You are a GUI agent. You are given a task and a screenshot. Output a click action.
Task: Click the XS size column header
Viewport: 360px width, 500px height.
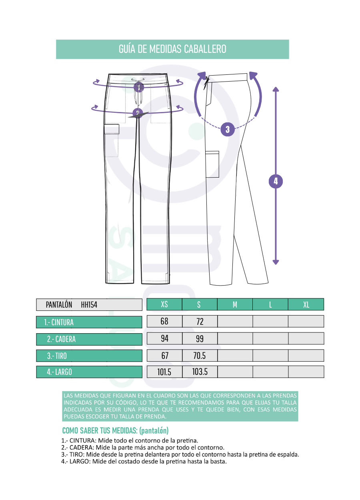click(x=164, y=304)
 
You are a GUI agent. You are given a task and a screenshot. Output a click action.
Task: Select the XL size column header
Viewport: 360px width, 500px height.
click(x=306, y=304)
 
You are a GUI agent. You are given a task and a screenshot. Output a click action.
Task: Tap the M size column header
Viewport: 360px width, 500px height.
click(x=235, y=304)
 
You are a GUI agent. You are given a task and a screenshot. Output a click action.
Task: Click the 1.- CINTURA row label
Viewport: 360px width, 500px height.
click(x=89, y=322)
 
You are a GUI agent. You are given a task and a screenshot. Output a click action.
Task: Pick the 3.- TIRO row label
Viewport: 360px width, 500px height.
click(x=89, y=356)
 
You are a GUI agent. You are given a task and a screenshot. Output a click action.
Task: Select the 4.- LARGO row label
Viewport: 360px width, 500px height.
click(x=89, y=372)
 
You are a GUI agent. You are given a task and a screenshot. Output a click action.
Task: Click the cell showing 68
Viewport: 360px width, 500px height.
click(x=164, y=322)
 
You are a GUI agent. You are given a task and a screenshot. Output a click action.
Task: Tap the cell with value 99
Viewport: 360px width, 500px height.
click(x=200, y=338)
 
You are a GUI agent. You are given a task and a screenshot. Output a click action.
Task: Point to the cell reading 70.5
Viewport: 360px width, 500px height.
click(x=200, y=355)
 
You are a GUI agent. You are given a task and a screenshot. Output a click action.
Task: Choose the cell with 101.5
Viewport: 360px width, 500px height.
click(x=164, y=372)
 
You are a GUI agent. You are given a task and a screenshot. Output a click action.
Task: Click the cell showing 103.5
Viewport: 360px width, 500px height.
click(x=200, y=372)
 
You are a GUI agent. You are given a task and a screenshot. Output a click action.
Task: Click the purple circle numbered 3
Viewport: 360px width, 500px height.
click(x=228, y=129)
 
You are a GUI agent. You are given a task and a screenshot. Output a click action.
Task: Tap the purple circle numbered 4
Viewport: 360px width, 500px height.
click(x=276, y=181)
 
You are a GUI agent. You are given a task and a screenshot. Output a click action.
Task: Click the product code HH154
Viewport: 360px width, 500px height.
click(x=89, y=305)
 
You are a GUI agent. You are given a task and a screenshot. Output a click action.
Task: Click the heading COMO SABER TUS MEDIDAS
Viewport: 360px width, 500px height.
click(x=100, y=430)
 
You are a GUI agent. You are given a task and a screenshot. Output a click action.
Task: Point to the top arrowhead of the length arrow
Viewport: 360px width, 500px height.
click(x=276, y=89)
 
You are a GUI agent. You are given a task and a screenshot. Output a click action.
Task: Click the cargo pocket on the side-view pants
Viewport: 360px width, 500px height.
click(x=212, y=164)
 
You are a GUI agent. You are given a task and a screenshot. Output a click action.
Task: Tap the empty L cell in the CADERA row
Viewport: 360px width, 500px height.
click(x=270, y=338)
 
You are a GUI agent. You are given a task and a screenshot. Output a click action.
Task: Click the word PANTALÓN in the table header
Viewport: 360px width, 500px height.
click(x=59, y=305)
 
